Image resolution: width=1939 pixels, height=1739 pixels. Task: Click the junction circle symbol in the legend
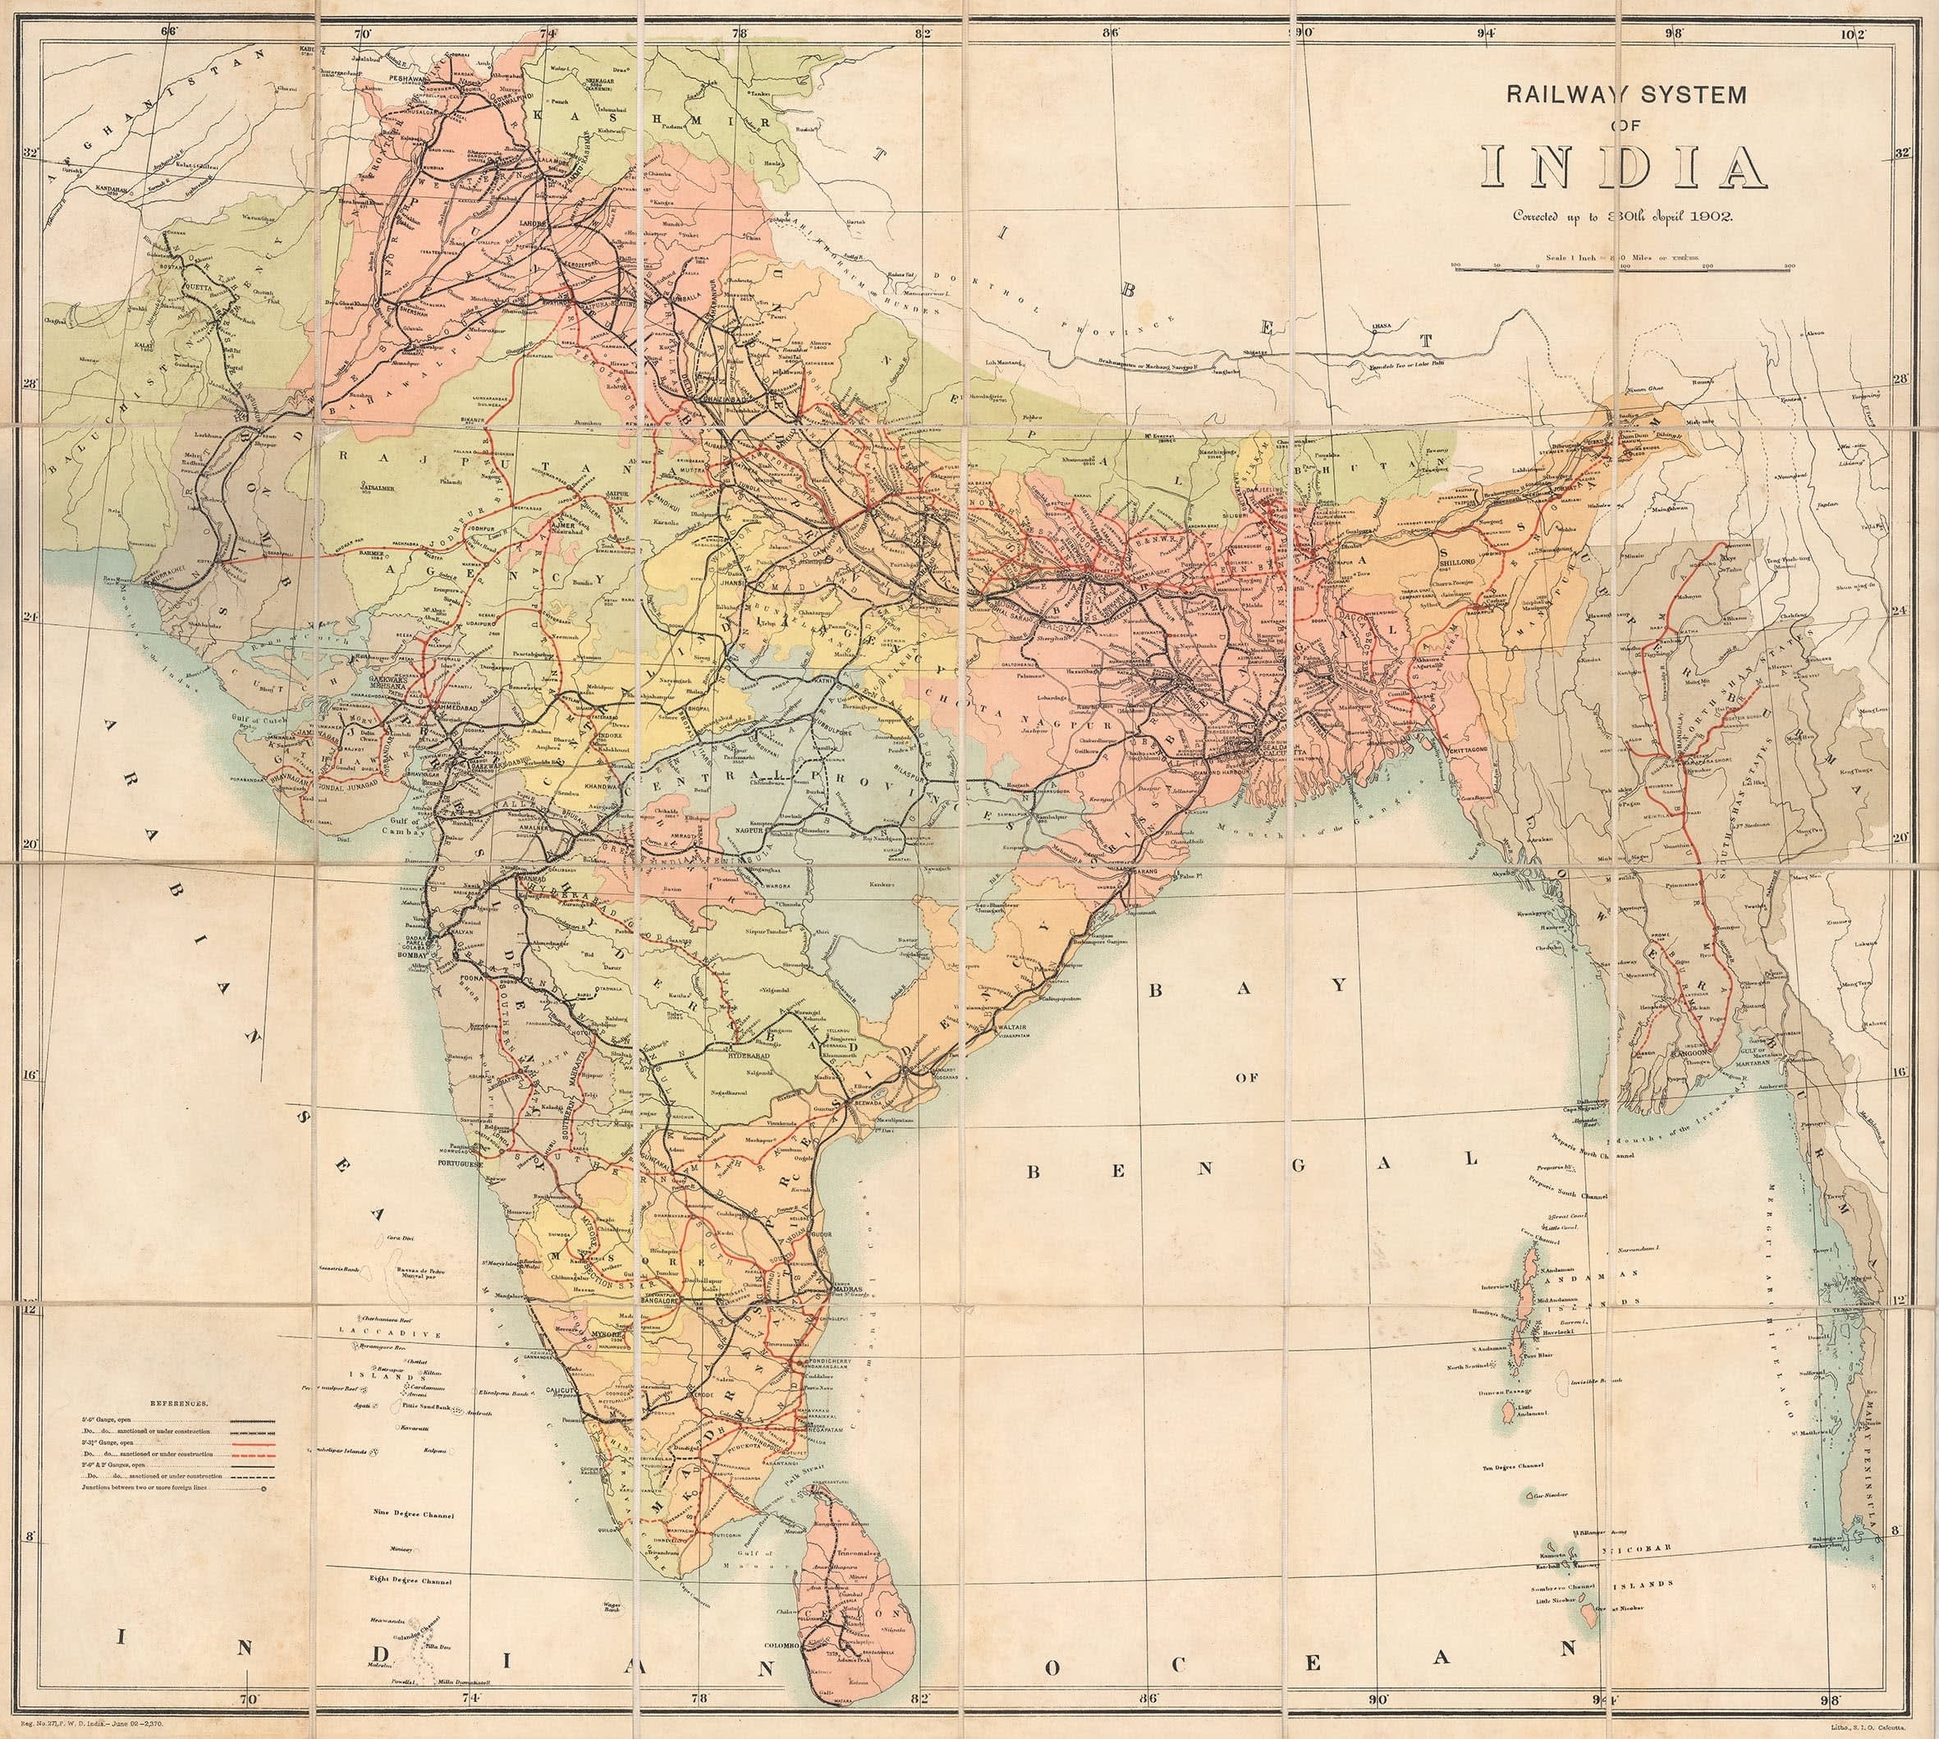pos(263,1488)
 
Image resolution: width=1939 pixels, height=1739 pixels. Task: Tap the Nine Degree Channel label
pos(415,1516)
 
